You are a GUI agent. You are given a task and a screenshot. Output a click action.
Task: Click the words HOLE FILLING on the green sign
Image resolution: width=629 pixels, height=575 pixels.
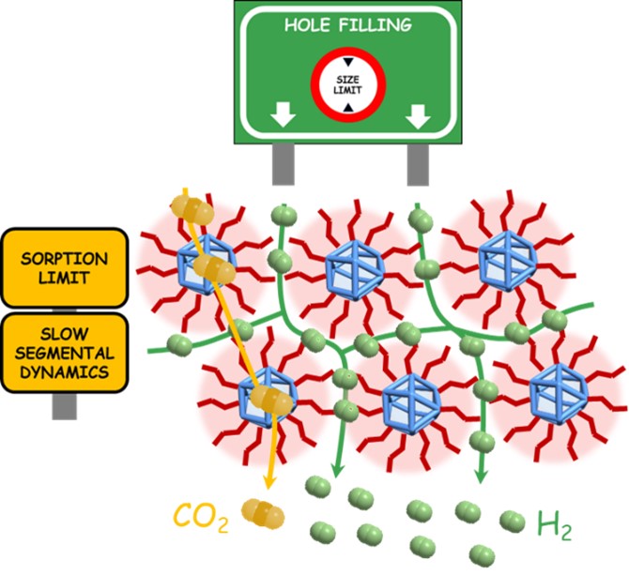pyautogui.click(x=346, y=25)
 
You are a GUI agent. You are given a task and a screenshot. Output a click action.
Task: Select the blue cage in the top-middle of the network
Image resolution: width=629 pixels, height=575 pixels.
pyautogui.click(x=352, y=269)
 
